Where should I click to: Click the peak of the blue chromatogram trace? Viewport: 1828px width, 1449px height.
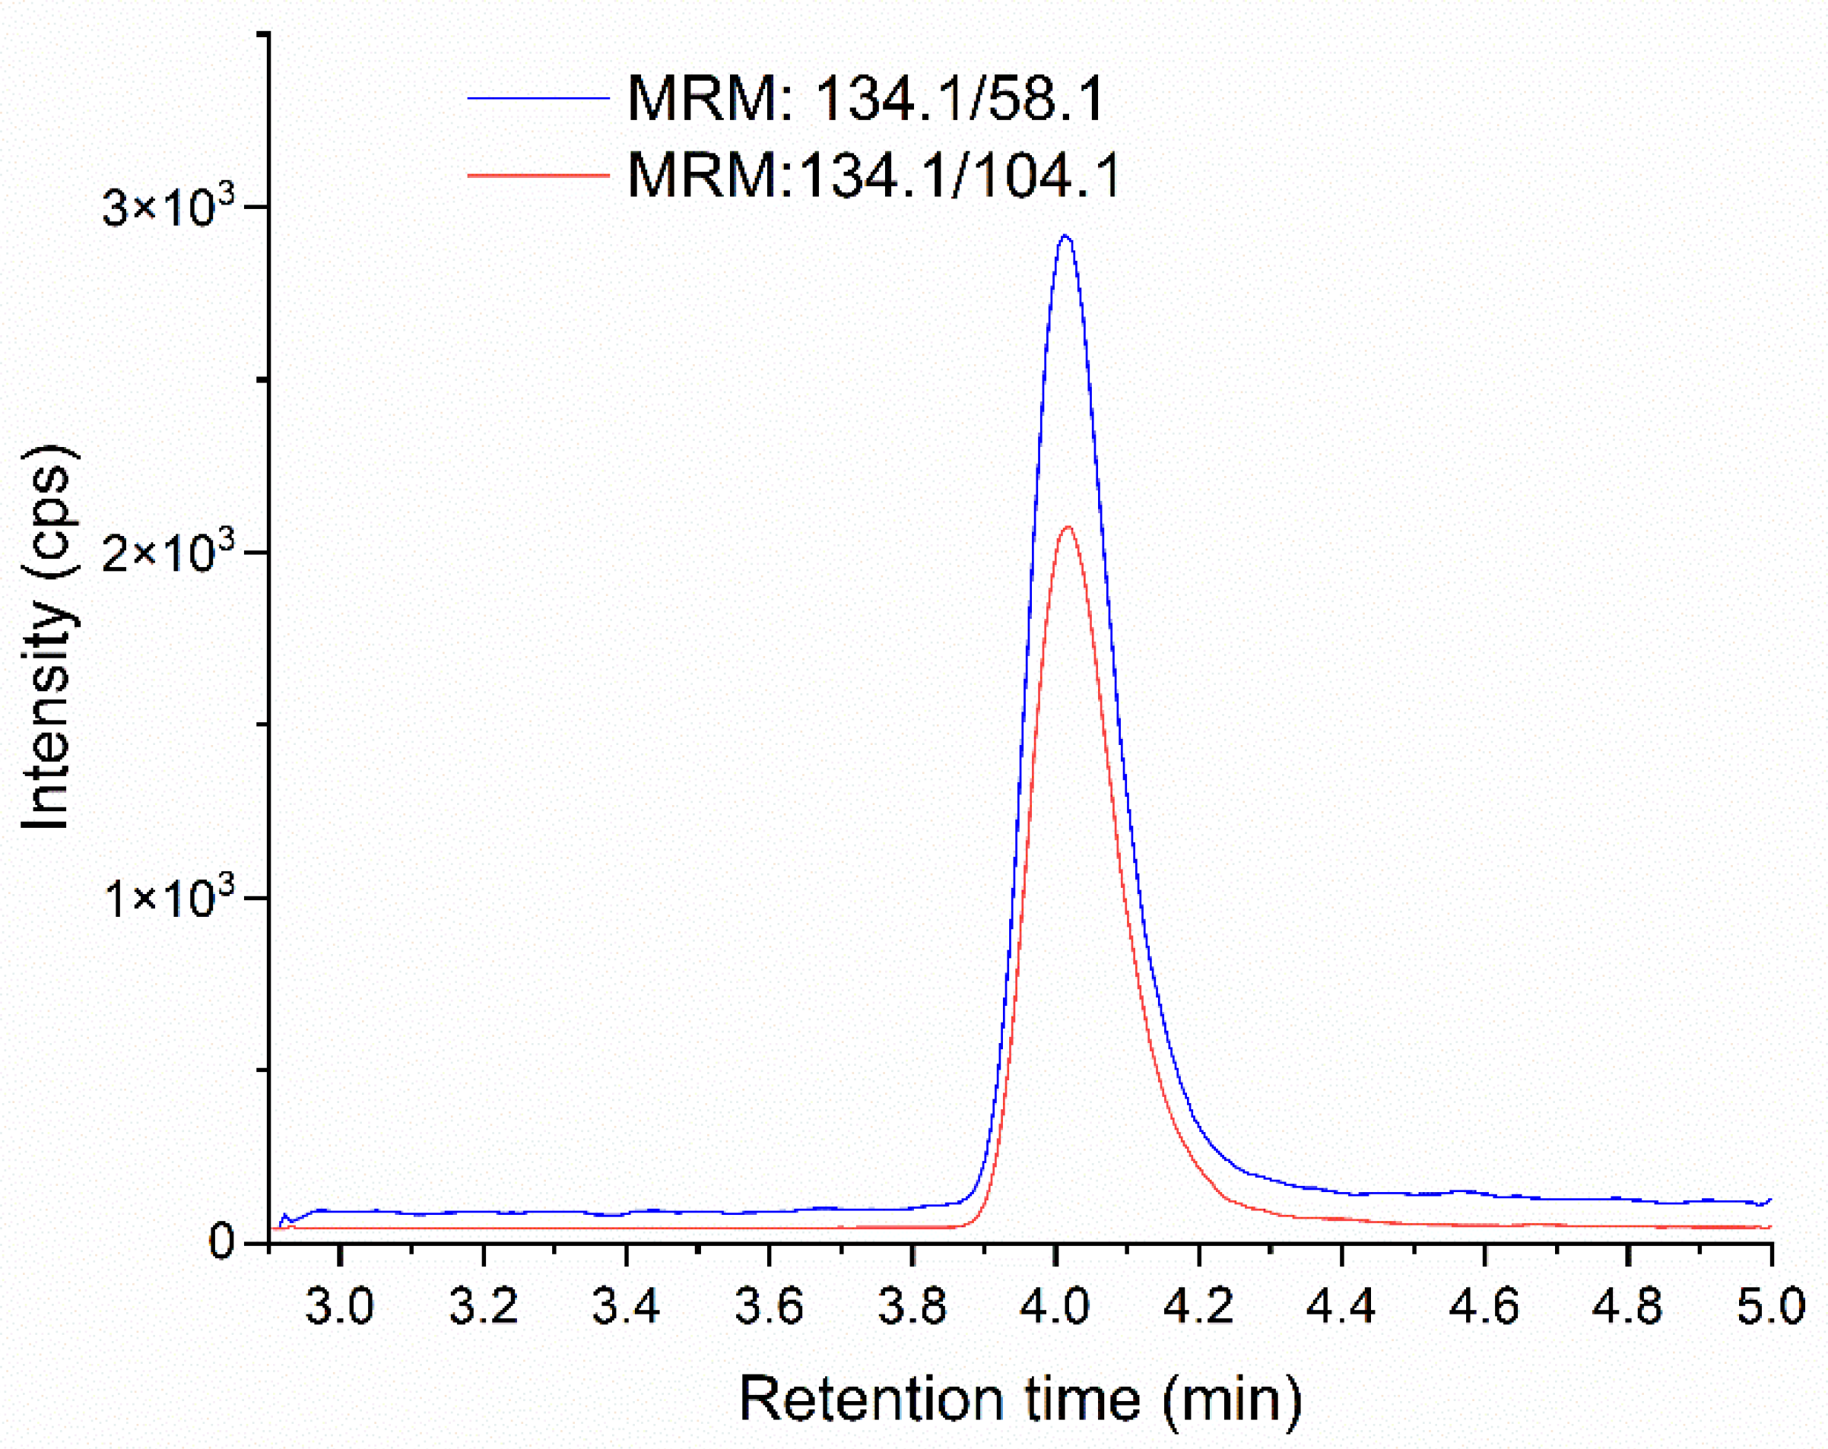coord(1065,236)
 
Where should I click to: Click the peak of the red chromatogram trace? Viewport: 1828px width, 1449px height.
coord(1068,528)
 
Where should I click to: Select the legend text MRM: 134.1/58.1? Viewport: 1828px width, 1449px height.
coord(865,99)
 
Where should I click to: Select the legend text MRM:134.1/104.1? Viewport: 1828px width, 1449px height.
coord(873,176)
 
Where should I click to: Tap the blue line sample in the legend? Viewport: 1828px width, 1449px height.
coord(538,99)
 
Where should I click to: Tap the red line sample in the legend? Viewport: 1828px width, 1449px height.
coord(538,176)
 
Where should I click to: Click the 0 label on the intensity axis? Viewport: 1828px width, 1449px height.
coord(221,1243)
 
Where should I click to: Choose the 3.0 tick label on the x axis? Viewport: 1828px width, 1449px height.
coord(339,1306)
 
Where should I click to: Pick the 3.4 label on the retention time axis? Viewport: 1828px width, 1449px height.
coord(626,1306)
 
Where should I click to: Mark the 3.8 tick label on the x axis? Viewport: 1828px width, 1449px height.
coord(912,1306)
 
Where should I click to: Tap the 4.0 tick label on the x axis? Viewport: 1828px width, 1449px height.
coord(1055,1306)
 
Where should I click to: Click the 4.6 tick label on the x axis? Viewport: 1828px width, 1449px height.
coord(1484,1306)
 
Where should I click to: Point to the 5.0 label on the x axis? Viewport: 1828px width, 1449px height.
coord(1770,1306)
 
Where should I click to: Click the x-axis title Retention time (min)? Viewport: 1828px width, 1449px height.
coord(1020,1400)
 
